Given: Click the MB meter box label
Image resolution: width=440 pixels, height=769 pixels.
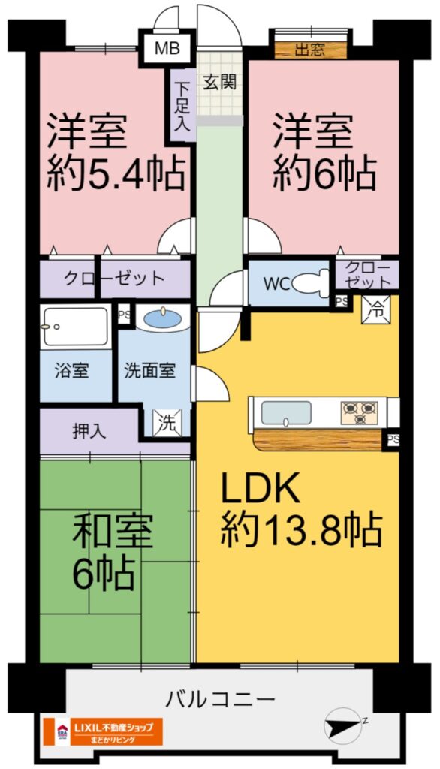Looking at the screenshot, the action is [x=167, y=49].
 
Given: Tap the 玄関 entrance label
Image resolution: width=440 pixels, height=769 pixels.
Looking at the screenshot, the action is [x=220, y=82].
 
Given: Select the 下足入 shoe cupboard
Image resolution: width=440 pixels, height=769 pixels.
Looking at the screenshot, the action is [x=182, y=107].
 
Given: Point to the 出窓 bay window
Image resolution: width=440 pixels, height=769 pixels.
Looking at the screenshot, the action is [x=310, y=50].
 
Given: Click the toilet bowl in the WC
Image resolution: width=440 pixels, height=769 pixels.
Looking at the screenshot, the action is [x=309, y=282].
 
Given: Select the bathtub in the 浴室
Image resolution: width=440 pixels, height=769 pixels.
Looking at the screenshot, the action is [x=75, y=327].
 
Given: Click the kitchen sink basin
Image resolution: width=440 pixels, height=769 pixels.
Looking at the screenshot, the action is [x=286, y=413].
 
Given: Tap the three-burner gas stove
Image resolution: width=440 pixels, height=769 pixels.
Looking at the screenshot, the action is [x=360, y=413].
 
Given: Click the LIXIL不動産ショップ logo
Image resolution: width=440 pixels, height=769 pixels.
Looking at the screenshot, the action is [x=103, y=731].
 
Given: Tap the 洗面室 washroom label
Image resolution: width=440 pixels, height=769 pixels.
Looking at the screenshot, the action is [x=149, y=371].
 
